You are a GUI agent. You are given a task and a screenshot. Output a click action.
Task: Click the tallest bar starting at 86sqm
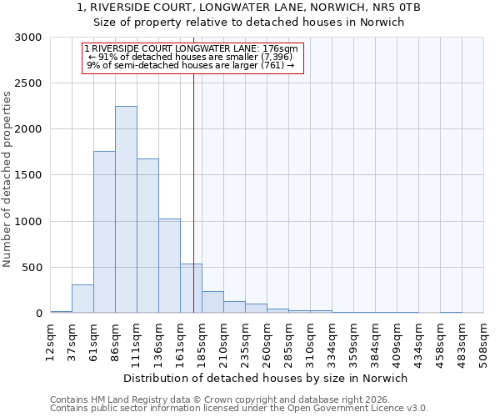[x=126, y=209]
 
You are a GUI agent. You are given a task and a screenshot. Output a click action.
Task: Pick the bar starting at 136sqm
[x=169, y=266]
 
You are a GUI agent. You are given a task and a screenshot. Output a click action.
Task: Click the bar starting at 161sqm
[x=191, y=289]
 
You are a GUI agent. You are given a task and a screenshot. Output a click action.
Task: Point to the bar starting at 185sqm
[x=212, y=302]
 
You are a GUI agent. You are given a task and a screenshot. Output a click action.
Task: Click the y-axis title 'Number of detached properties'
[x=8, y=179]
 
